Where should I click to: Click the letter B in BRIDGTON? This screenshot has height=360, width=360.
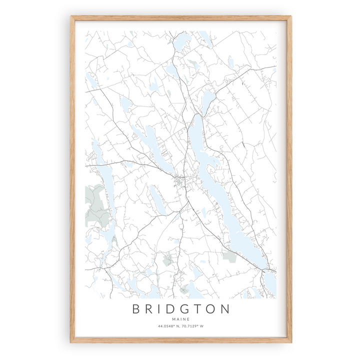click(x=136, y=309)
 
